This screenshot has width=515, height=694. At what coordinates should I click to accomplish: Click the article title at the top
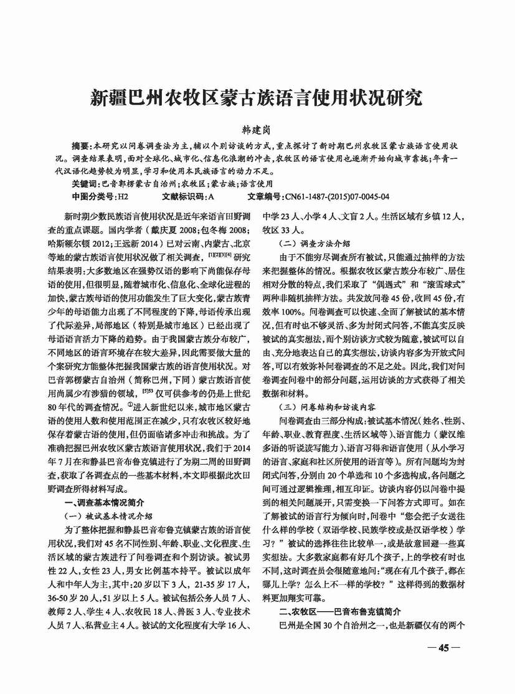pyautogui.click(x=257, y=98)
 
